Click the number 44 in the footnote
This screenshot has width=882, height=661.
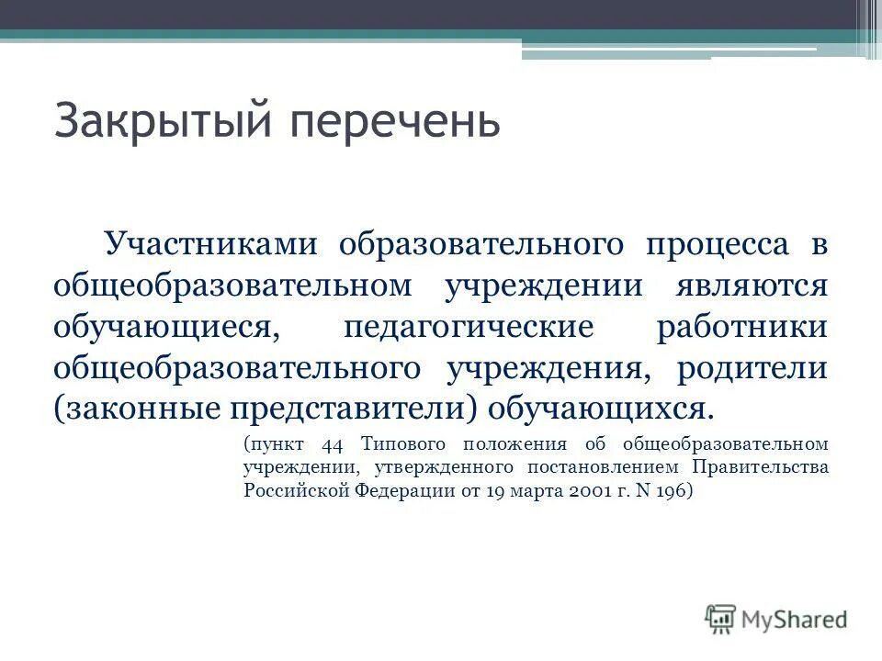point(332,445)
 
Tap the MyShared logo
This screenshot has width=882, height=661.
point(776,618)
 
